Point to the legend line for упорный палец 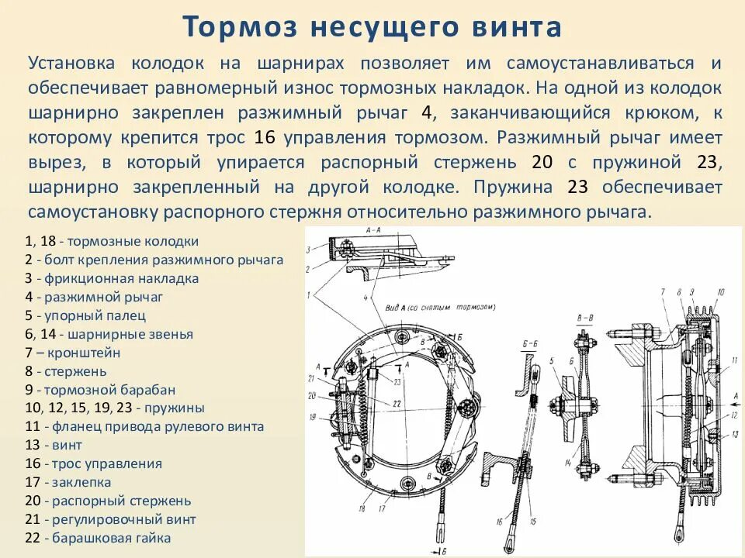[x=85, y=315]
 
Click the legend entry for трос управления [x=93, y=463]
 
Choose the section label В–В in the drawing [x=585, y=318]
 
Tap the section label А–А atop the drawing [x=371, y=231]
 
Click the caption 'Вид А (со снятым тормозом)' [x=439, y=308]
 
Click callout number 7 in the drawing [x=663, y=291]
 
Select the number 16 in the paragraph [x=265, y=137]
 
